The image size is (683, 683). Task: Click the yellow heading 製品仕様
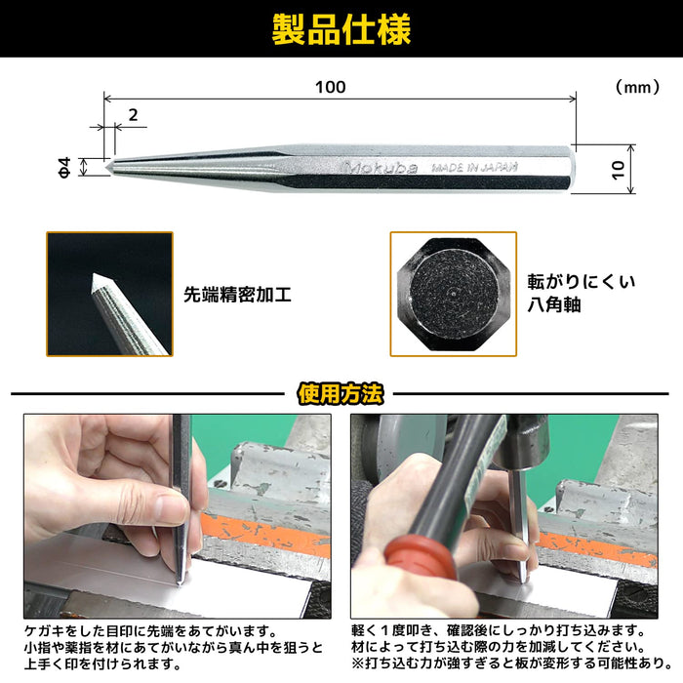(x=341, y=29)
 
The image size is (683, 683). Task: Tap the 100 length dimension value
(x=331, y=87)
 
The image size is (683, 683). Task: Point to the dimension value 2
(x=132, y=114)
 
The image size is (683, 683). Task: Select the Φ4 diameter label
(x=64, y=168)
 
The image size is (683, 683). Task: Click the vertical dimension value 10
(x=618, y=168)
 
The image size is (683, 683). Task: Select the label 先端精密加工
(x=237, y=293)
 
